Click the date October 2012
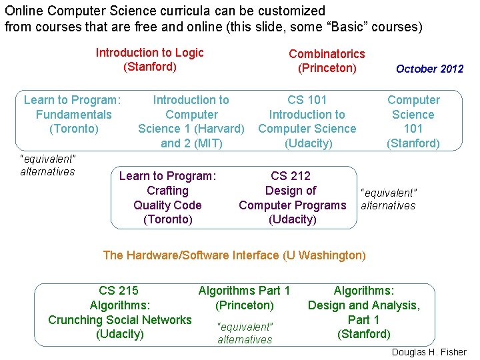[429, 69]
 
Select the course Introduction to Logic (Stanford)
[150, 59]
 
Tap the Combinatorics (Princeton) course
[327, 61]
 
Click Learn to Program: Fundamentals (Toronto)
[72, 114]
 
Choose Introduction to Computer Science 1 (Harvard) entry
[191, 121]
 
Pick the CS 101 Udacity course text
[307, 121]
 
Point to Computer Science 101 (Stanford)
[413, 121]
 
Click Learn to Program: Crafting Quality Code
[167, 197]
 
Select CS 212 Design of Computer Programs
[293, 197]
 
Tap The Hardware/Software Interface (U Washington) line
[234, 255]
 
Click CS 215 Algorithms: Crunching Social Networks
[120, 312]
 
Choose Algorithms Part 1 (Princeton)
[245, 298]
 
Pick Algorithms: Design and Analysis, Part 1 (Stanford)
[363, 312]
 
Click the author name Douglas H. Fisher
[429, 352]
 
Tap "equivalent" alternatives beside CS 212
[388, 199]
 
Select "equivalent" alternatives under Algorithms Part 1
[245, 333]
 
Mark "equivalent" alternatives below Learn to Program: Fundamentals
[48, 165]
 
